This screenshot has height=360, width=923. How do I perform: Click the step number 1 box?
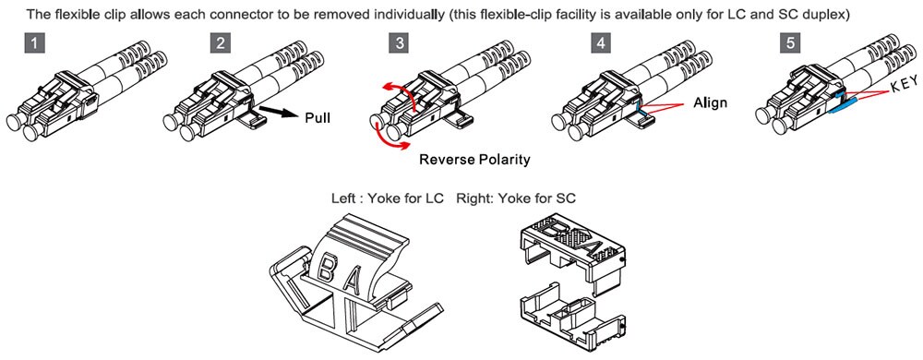point(36,43)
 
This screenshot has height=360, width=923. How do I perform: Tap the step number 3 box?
point(401,43)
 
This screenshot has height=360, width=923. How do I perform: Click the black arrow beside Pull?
point(276,112)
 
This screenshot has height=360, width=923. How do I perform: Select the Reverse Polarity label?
point(474,160)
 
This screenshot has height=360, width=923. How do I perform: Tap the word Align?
point(710,103)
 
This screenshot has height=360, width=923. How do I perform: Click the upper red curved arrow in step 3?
point(397,95)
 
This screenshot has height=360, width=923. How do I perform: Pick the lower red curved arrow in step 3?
point(389,138)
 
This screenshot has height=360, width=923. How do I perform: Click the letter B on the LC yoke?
point(325,267)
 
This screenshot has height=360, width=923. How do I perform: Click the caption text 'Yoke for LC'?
point(405,198)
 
